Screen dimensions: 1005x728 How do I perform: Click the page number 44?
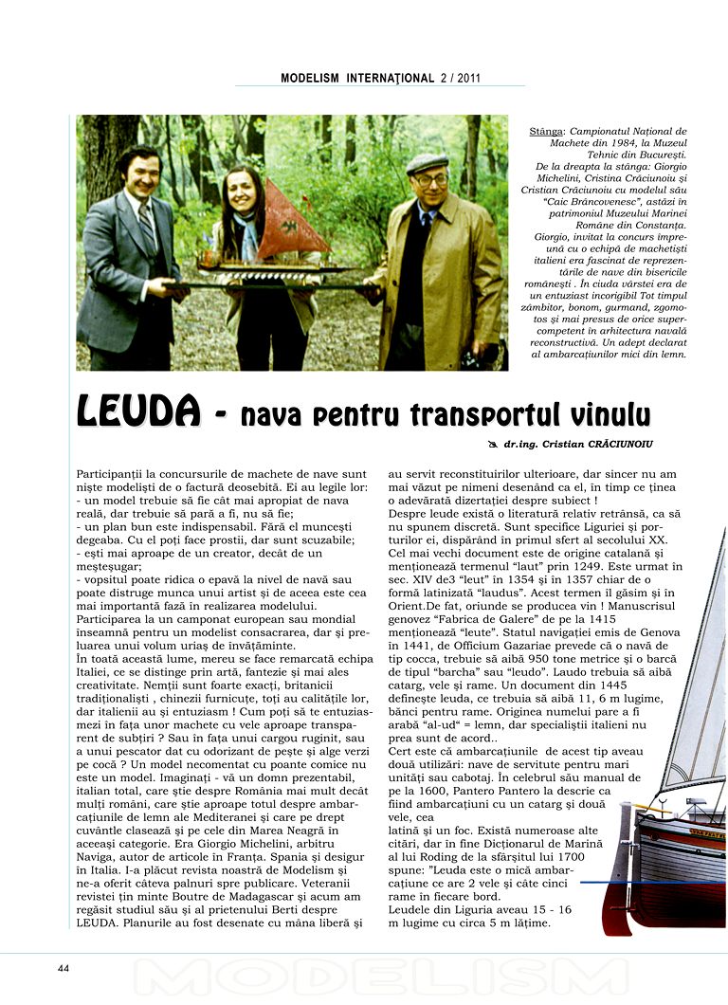(64, 968)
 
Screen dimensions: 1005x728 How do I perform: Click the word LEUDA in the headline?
(138, 413)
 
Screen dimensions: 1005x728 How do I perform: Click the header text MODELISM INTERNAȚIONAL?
(357, 79)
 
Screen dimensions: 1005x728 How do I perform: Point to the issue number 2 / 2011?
(461, 79)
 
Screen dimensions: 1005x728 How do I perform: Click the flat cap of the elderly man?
(426, 162)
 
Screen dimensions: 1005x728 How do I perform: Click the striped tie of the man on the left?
(148, 227)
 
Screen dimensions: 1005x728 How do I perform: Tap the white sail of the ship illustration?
(701, 683)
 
